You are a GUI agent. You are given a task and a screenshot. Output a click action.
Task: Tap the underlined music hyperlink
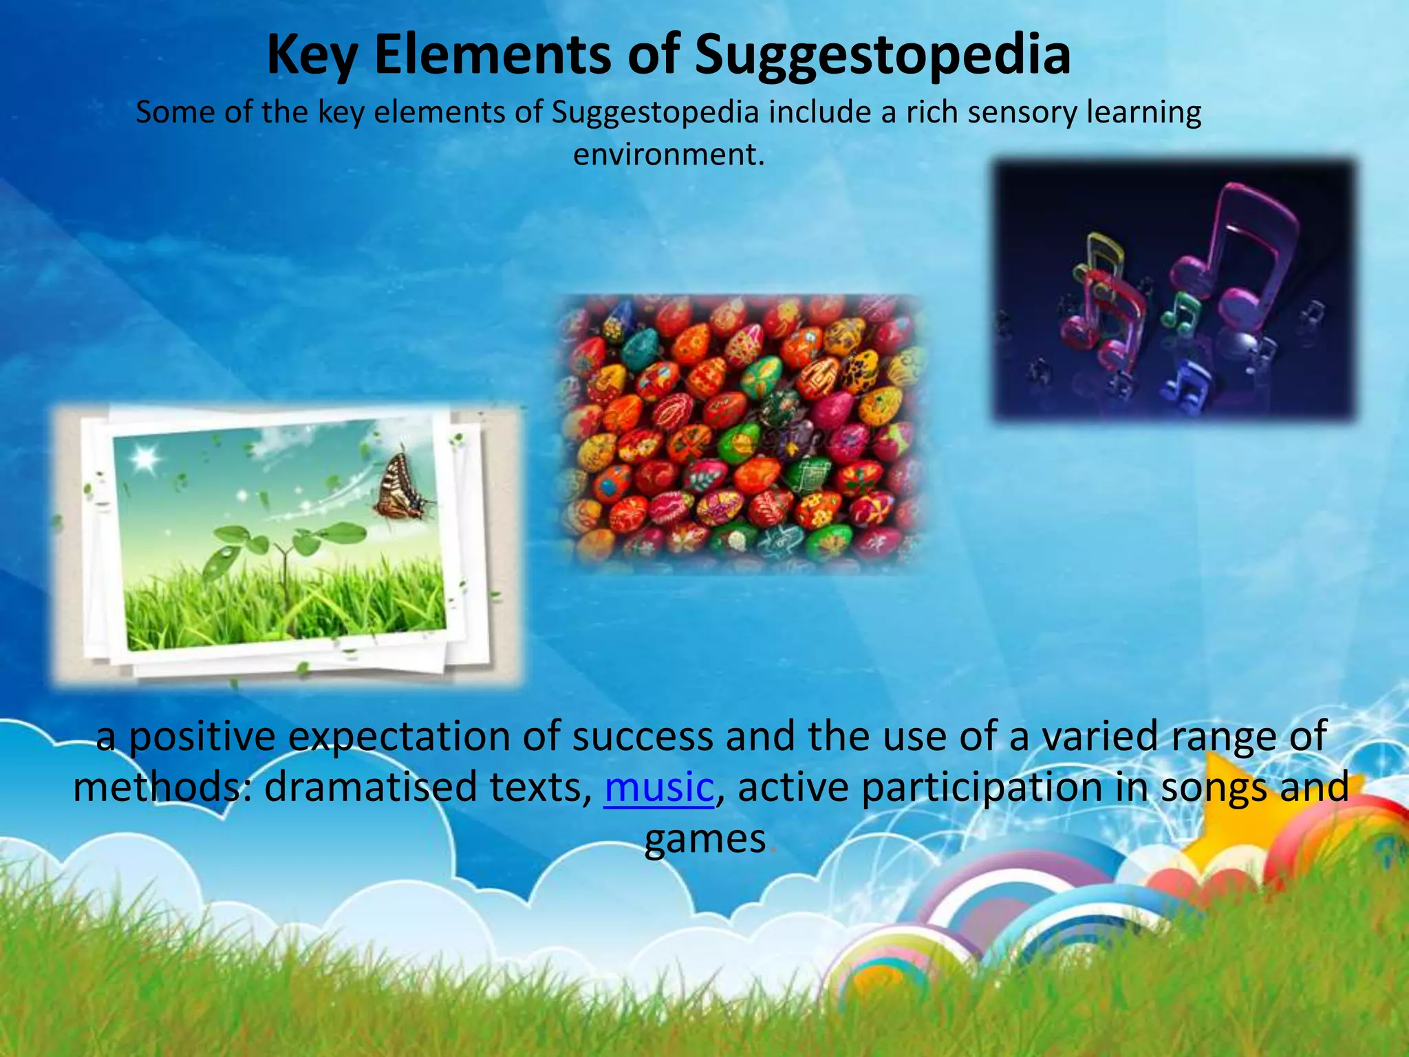659,787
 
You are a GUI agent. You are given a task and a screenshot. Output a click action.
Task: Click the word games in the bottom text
705,839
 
